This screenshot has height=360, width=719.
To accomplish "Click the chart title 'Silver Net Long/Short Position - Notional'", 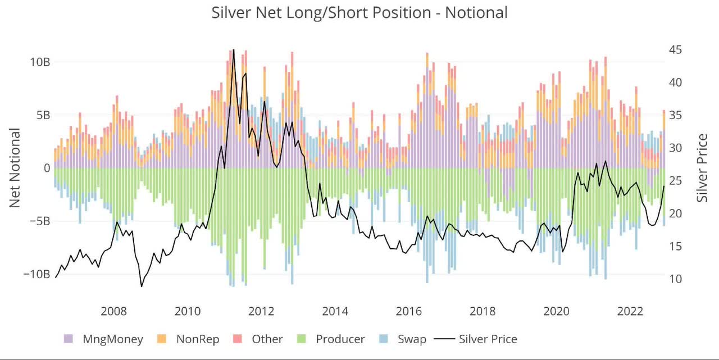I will click(x=359, y=12).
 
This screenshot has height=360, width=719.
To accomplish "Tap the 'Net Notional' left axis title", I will click(x=15, y=168).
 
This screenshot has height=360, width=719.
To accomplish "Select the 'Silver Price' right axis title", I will click(x=702, y=168).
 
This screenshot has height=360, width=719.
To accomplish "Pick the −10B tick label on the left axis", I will click(x=37, y=274).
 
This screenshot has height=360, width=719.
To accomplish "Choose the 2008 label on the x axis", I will click(x=114, y=312).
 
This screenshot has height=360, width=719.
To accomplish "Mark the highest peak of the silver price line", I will click(x=234, y=49).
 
